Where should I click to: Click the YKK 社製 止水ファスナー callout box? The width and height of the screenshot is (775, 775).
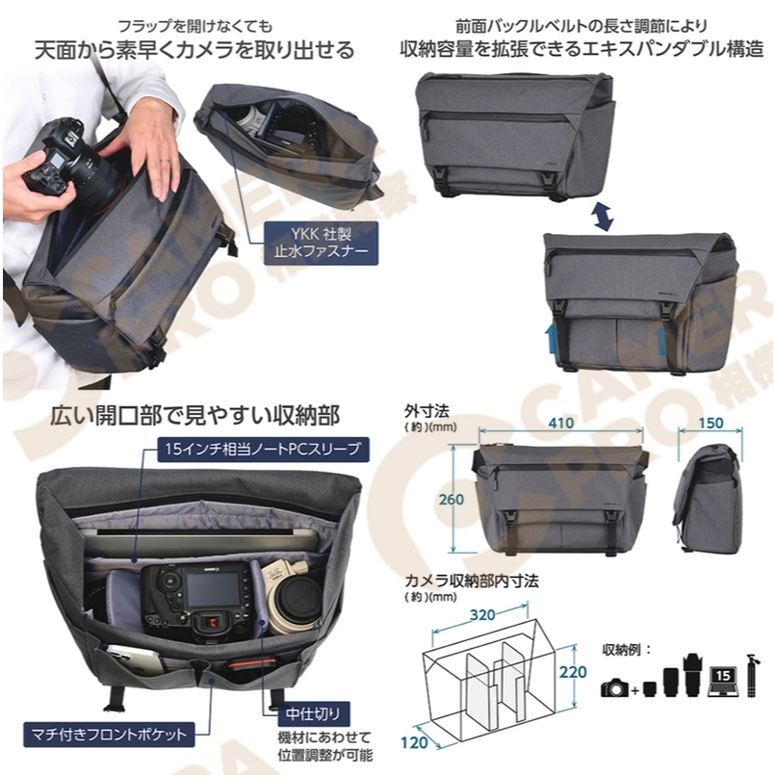321,243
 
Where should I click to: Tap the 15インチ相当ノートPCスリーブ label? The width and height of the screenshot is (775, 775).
263,450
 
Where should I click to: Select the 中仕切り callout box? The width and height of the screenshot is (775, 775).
313,713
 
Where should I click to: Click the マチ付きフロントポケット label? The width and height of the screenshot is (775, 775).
109,734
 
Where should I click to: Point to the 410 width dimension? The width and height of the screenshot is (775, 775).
561,423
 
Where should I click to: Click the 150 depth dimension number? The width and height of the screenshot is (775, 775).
710,423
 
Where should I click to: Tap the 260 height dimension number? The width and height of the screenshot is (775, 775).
452,500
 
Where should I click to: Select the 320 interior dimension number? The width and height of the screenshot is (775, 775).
482,615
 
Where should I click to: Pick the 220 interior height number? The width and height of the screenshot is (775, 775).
573,672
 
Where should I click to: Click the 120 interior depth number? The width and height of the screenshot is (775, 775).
414,742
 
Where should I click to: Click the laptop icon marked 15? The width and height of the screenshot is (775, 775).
723,681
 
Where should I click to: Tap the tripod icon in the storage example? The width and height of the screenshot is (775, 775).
751,675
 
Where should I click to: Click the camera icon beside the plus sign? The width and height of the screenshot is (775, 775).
614,687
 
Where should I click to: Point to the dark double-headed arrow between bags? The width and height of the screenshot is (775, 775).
604,216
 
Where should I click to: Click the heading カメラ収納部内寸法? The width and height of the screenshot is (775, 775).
472,581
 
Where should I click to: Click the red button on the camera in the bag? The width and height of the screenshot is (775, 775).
211,622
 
